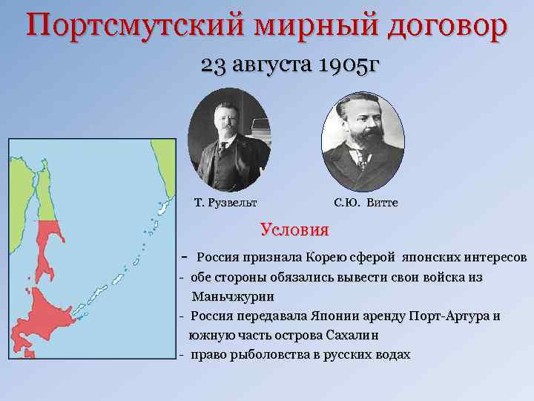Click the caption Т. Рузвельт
coord(225,202)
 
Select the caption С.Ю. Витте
coord(366,202)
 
